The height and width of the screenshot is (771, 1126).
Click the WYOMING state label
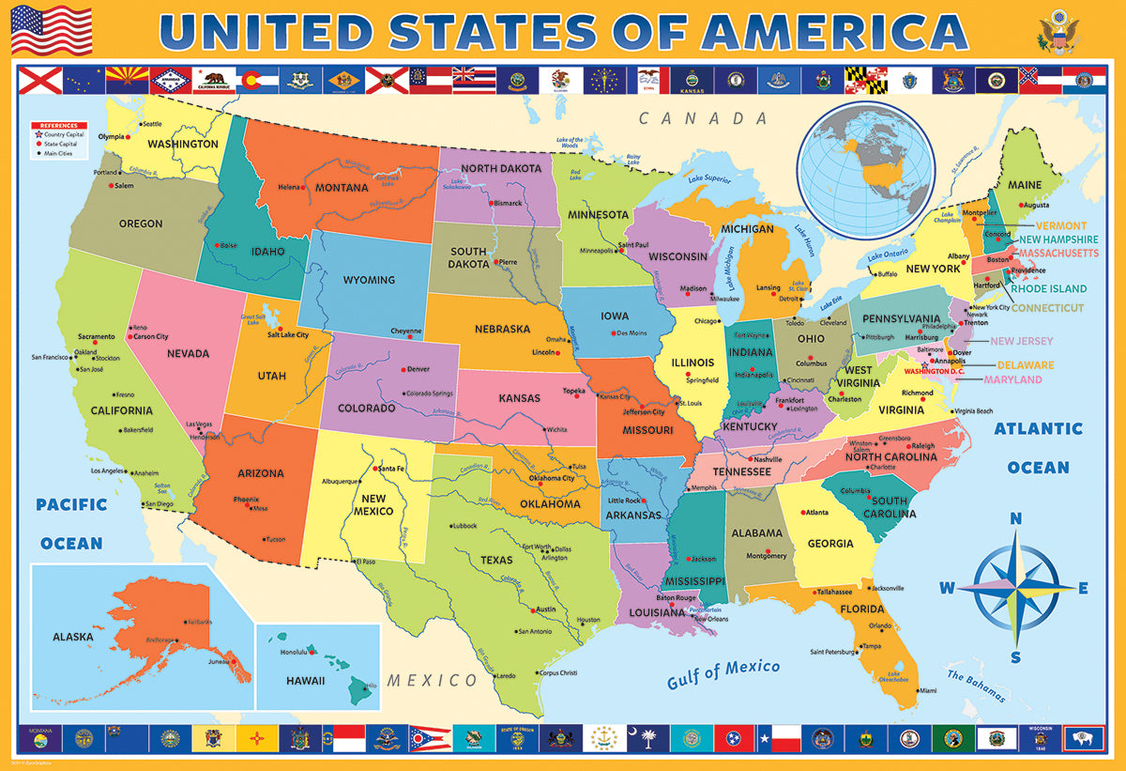369,280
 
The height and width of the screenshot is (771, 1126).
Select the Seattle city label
151,124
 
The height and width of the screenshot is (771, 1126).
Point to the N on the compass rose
1015,519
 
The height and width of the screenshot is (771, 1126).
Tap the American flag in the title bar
52,30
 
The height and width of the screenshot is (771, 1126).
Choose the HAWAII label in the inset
306,681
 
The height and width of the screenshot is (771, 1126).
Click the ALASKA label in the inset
73,636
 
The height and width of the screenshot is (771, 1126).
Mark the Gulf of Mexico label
723,673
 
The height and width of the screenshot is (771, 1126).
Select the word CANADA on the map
704,118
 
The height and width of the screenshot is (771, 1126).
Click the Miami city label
927,690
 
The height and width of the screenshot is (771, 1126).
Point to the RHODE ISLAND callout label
1048,289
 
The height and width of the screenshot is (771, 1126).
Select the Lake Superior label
708,177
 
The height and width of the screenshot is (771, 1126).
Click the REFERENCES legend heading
59,125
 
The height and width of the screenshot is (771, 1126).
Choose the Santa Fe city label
390,468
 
